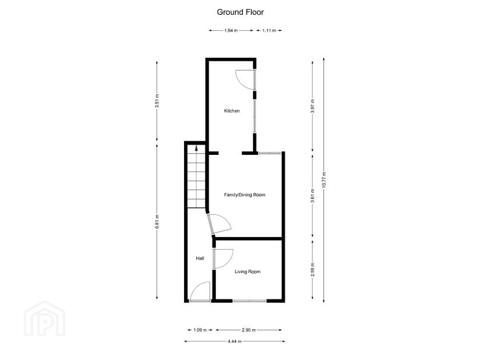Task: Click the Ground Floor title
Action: point(240,11)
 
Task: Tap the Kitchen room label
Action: point(231,111)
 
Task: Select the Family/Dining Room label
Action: point(245,195)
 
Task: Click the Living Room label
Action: point(247,271)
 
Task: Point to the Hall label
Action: point(200,259)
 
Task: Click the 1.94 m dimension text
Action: point(230,30)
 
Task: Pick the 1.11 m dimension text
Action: point(269,30)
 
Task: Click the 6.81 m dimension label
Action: point(157,221)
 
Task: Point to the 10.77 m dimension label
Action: point(323,180)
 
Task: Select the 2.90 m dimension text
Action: point(248,330)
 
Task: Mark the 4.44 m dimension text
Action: point(234,342)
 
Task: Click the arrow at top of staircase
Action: point(196,147)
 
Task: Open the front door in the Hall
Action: point(200,293)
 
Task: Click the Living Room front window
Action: point(249,301)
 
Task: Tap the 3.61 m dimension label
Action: point(312,195)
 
